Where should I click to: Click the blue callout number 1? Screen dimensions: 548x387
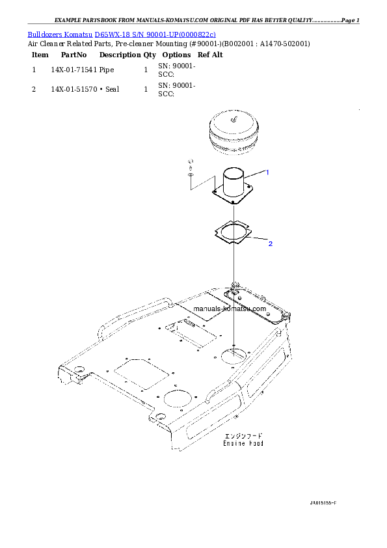click(x=267, y=172)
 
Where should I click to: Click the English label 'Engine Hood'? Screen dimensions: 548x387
click(x=243, y=443)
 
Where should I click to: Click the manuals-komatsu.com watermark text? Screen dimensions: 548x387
click(x=230, y=309)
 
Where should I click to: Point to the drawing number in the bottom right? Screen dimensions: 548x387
click(x=323, y=503)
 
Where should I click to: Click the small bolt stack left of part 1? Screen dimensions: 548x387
click(x=189, y=168)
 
